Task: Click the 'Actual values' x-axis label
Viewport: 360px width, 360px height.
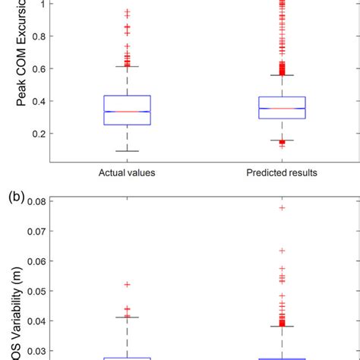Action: point(127,173)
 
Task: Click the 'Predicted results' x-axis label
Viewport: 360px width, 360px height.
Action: point(282,173)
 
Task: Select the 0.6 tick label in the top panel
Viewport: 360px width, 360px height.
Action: point(38,68)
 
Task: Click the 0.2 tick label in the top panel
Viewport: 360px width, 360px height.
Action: point(38,134)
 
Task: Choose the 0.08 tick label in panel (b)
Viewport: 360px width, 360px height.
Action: point(35,202)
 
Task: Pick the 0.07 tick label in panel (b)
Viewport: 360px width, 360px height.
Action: point(35,232)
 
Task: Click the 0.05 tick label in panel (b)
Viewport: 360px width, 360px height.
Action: point(35,291)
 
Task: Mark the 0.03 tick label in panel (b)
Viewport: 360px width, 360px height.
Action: point(35,350)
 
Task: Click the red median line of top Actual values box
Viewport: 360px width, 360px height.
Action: point(127,112)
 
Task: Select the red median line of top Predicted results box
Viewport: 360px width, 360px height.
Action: point(282,109)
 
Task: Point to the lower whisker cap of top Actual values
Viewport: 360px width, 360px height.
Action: point(127,151)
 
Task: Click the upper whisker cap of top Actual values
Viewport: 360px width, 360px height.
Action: point(127,66)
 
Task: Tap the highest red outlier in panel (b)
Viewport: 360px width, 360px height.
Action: point(282,207)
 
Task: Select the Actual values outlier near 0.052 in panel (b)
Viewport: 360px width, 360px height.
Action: point(127,284)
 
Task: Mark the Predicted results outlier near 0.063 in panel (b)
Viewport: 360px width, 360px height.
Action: point(282,250)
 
